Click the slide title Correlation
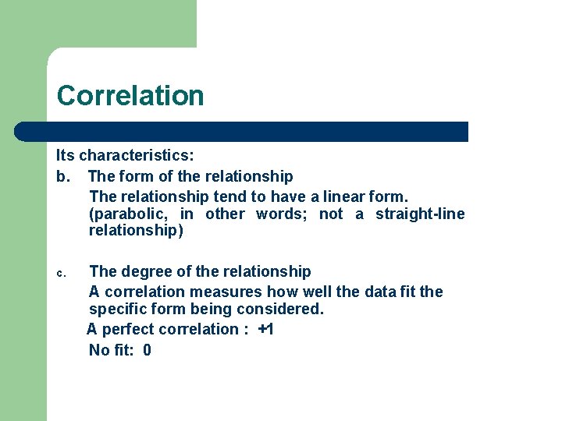coord(130,96)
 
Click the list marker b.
coord(62,176)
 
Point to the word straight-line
coord(420,214)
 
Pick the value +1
coord(265,329)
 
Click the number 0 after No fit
coord(147,350)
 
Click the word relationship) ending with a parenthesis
coord(136,231)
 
